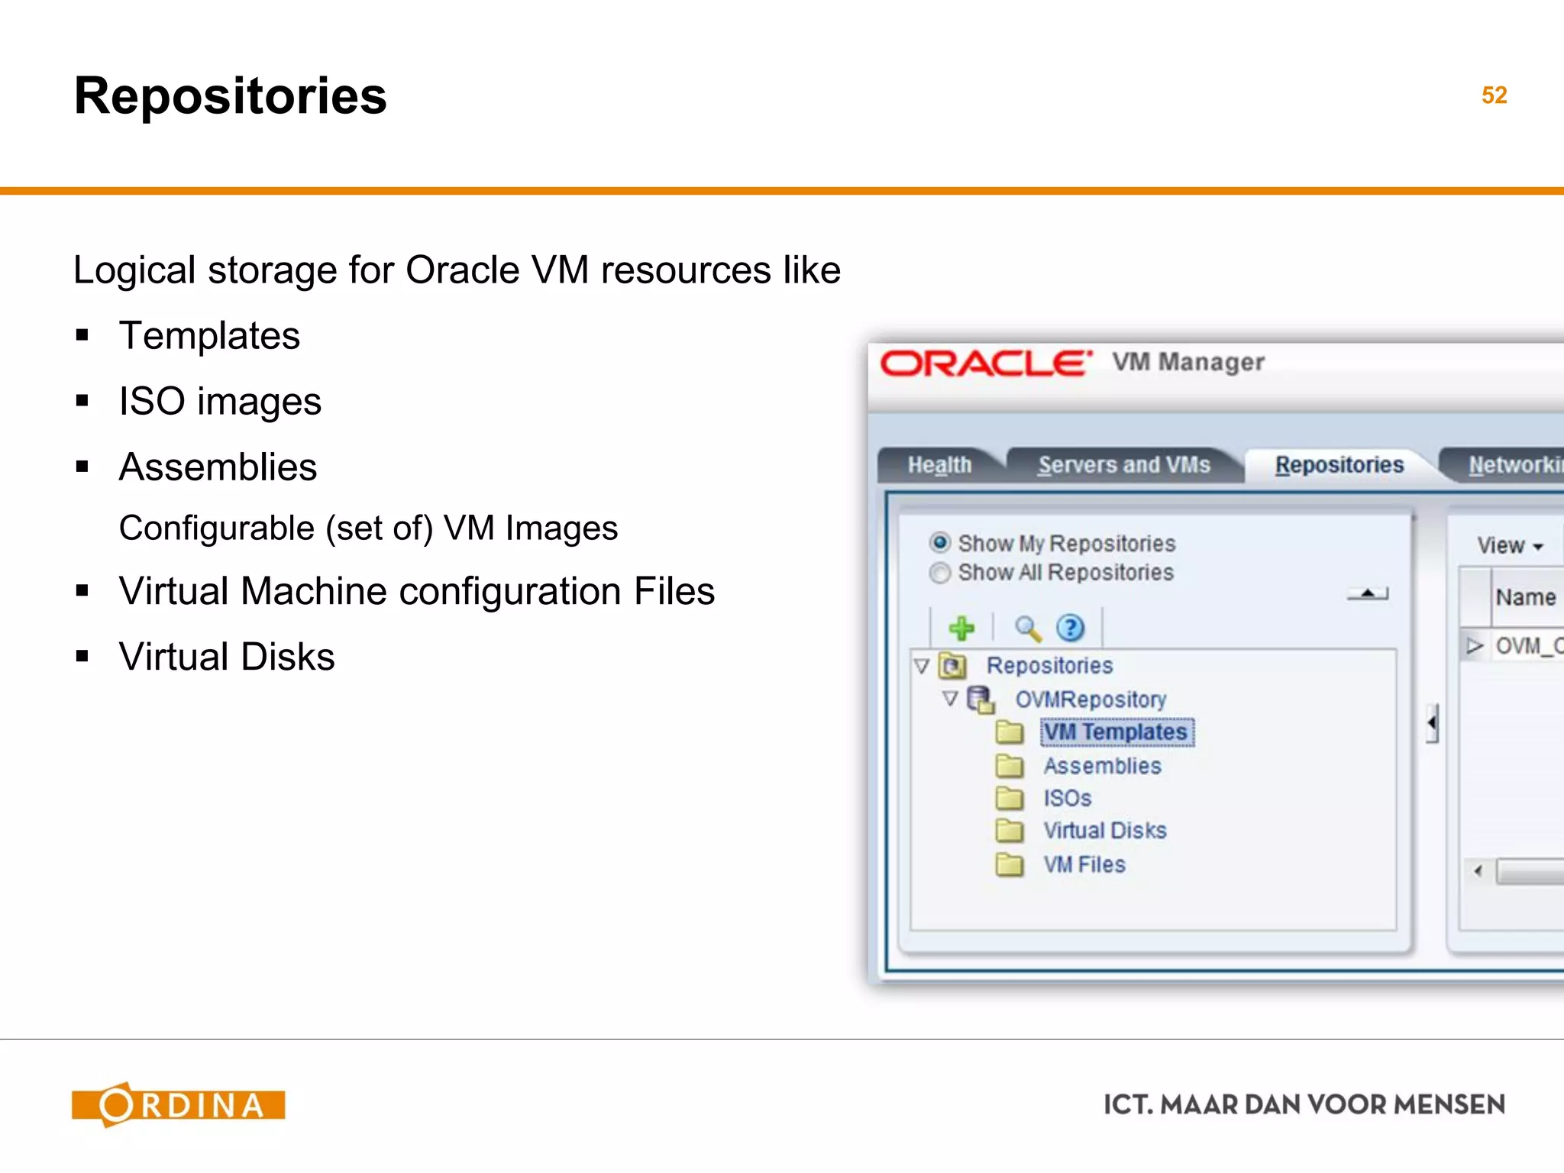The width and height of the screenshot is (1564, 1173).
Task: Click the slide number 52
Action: (1494, 95)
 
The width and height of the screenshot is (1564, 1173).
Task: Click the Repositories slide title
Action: (230, 96)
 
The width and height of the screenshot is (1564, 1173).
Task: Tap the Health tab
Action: (939, 464)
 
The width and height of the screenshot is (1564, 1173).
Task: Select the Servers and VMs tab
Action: (1123, 464)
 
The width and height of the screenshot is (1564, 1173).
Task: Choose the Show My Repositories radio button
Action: (940, 542)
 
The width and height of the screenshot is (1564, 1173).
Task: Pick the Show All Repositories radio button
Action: (940, 572)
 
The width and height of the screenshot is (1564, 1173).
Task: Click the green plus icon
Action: (961, 629)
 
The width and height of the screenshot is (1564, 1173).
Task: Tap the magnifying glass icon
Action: (1028, 629)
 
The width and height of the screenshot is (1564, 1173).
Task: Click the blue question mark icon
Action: (1070, 629)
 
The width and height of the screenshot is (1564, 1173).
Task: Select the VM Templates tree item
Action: (1116, 732)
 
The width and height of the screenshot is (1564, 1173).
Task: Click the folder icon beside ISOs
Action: (1010, 798)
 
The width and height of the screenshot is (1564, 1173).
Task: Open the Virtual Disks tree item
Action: (1104, 830)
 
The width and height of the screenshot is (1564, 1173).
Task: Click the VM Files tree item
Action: (1084, 864)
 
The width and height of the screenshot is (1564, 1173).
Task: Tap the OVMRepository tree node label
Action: (1090, 699)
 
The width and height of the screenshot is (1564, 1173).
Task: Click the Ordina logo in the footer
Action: (178, 1104)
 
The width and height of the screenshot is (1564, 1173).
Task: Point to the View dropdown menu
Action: (1510, 545)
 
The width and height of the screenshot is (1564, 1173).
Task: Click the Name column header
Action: (1525, 597)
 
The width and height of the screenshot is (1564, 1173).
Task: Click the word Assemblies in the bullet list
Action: (218, 467)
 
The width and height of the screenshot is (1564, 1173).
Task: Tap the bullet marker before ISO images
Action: (82, 401)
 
